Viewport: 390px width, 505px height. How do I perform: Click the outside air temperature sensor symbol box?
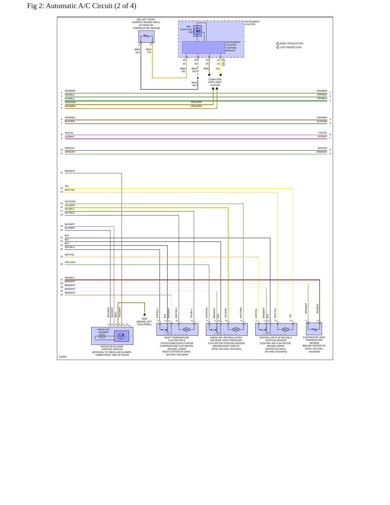click(146, 36)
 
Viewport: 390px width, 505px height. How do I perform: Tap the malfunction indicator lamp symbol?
click(198, 31)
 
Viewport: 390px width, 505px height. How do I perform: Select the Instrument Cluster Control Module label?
click(233, 46)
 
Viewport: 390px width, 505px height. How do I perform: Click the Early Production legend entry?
click(290, 43)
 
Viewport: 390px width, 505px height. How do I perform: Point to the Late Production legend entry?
click(289, 47)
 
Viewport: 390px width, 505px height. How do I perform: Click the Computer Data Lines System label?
click(215, 82)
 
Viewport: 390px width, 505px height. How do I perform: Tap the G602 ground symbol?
click(145, 315)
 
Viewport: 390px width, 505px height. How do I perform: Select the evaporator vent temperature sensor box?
click(314, 329)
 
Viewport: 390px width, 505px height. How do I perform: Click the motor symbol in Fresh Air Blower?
click(102, 336)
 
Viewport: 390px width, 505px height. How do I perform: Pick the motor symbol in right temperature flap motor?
click(186, 329)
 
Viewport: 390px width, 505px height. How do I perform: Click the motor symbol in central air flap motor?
click(285, 329)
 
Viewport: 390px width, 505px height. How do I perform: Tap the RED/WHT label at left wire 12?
click(70, 171)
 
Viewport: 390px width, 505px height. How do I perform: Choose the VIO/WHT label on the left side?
click(70, 137)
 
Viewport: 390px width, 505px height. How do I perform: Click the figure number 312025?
click(63, 357)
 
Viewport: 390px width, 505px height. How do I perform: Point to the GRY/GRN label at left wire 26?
click(70, 262)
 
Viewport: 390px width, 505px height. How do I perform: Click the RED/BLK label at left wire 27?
click(70, 278)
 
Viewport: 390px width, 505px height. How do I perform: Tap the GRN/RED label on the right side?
click(322, 117)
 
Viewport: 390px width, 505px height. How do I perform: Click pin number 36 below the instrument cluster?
click(184, 60)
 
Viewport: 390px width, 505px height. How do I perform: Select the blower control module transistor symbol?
click(121, 336)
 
